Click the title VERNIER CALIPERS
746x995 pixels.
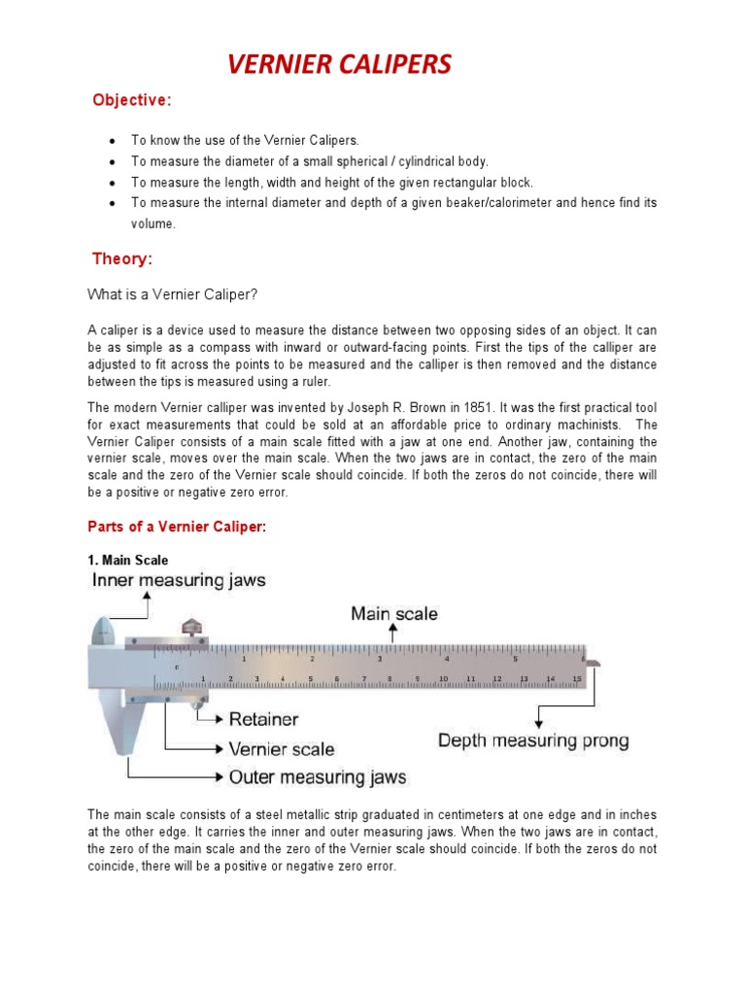tap(339, 65)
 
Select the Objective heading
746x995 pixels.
tap(131, 100)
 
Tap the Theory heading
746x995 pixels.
tap(122, 258)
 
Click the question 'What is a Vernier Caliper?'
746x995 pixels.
tap(172, 294)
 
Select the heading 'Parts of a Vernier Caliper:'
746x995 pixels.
tap(176, 526)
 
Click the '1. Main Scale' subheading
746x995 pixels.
tap(127, 561)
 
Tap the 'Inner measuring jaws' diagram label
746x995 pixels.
tap(179, 581)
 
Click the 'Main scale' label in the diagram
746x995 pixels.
tap(393, 613)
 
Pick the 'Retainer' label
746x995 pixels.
tap(263, 720)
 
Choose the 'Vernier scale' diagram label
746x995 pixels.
tap(281, 749)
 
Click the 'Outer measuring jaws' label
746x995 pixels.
tap(317, 777)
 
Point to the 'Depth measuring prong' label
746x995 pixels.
tap(533, 740)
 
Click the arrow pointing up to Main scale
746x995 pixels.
tap(392, 633)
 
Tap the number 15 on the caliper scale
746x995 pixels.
tap(576, 678)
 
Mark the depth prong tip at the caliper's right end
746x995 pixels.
tap(593, 664)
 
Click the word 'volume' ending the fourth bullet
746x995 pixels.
tap(153, 223)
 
